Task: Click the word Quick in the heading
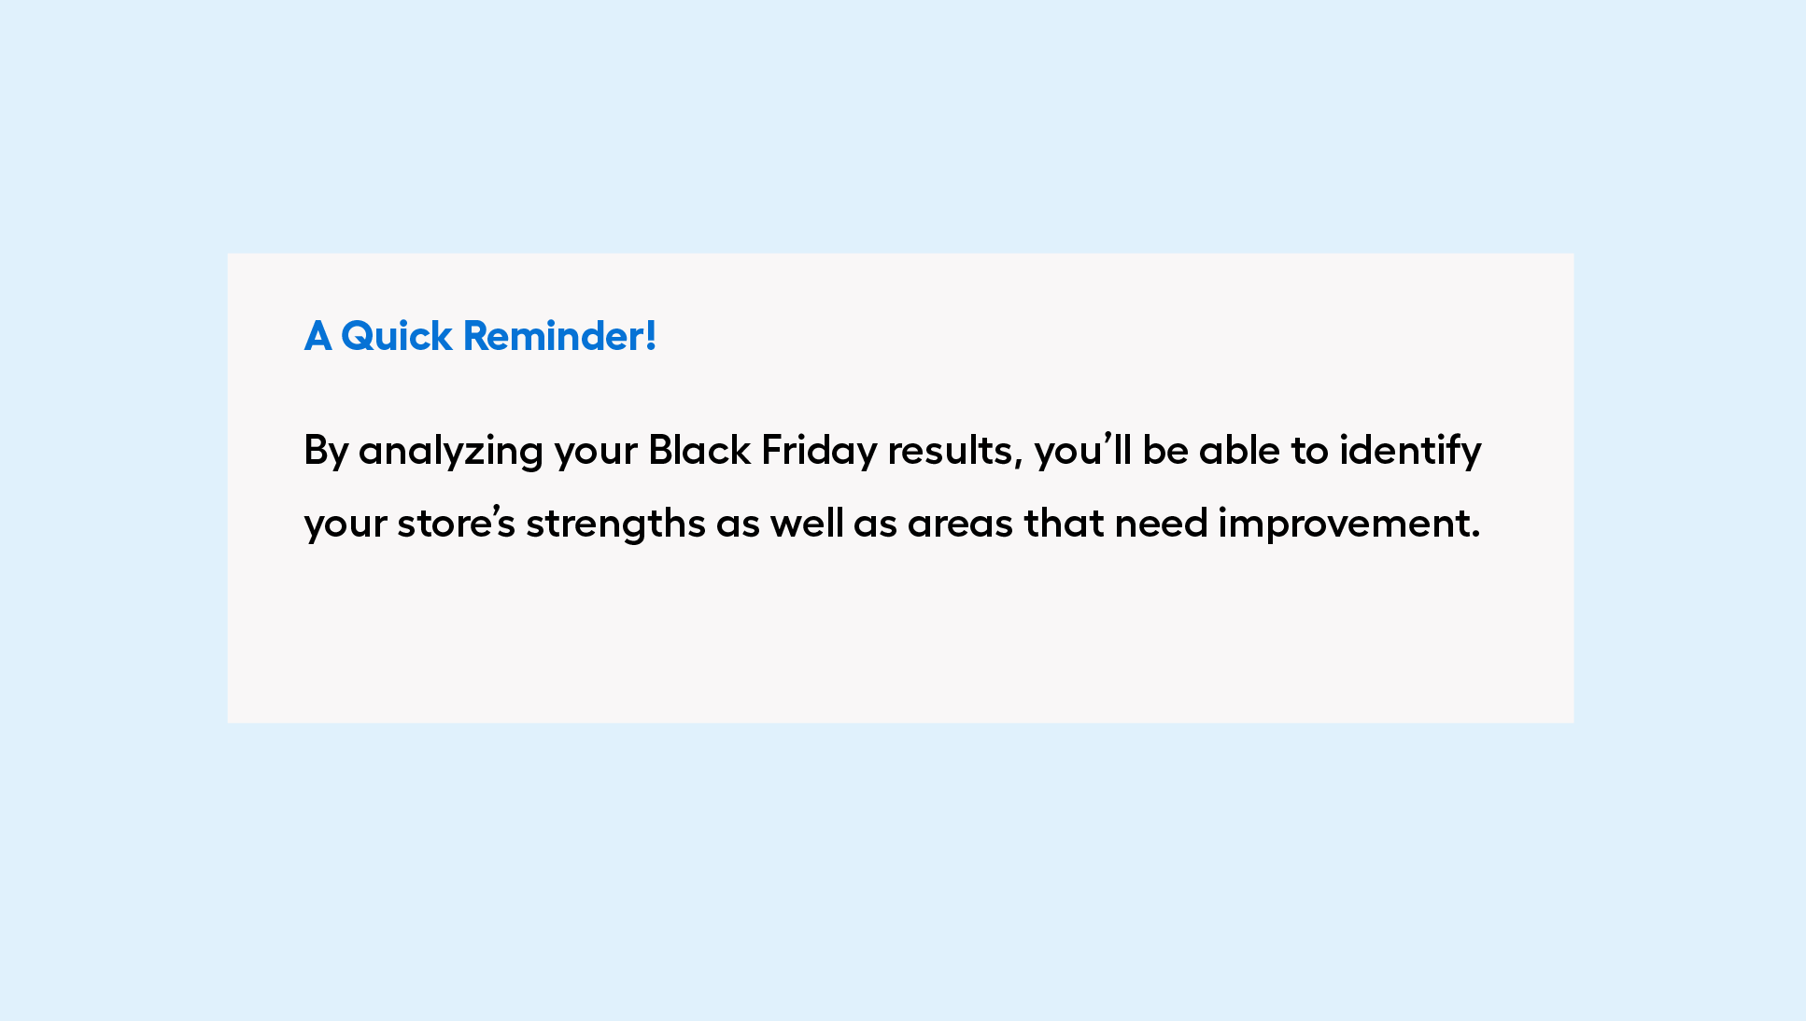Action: click(396, 337)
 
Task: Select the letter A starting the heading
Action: click(317, 336)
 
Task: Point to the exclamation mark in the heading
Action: click(651, 336)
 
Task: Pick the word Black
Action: click(699, 450)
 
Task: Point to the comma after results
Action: click(1019, 462)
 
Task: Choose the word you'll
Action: click(1082, 452)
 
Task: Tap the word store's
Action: click(456, 523)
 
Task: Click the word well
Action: click(807, 523)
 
